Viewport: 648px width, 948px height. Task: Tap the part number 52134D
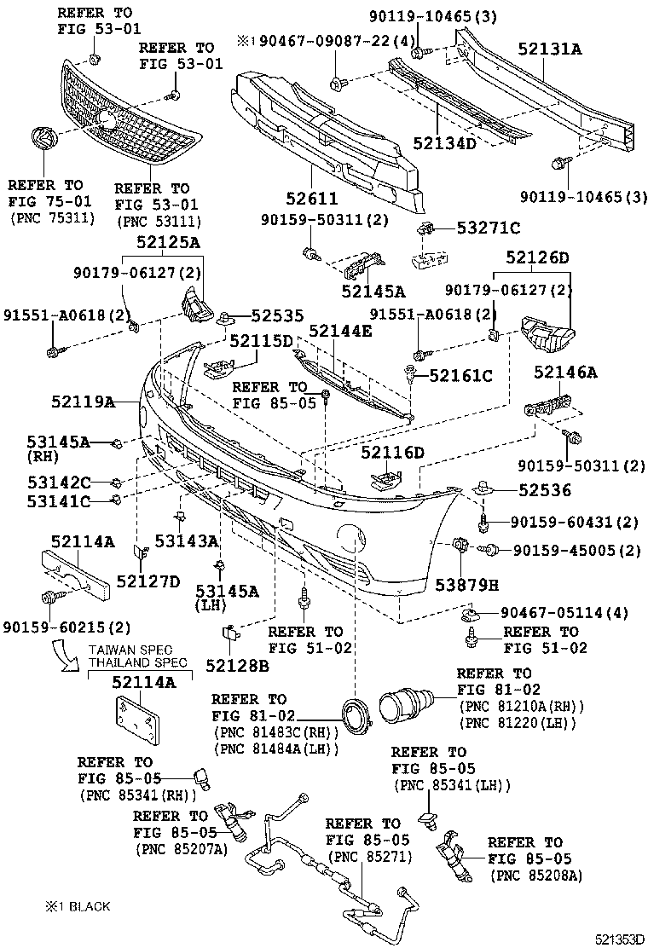point(445,142)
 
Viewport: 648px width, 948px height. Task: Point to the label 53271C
point(489,228)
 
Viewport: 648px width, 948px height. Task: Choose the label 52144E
point(340,332)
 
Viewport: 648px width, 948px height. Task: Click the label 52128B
point(239,665)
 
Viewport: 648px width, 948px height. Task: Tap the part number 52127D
point(148,581)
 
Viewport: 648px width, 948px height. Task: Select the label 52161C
point(461,375)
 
